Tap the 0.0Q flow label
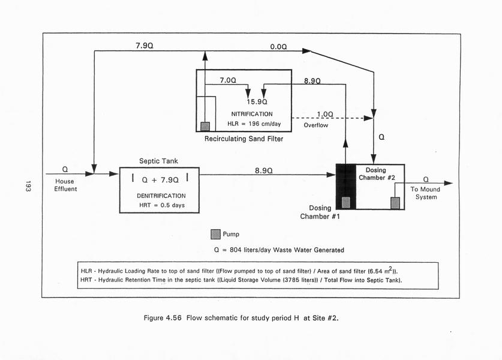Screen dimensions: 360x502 point(278,46)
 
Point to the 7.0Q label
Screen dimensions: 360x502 point(227,80)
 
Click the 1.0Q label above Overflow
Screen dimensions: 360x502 point(325,114)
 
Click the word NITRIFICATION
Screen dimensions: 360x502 point(251,114)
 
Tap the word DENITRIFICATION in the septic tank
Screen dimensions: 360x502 point(161,196)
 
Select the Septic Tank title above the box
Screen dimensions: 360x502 point(159,161)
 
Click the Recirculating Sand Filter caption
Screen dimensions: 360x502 point(244,139)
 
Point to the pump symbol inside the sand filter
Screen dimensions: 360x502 point(205,126)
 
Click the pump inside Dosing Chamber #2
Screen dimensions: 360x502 point(395,203)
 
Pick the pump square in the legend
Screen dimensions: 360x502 point(215,234)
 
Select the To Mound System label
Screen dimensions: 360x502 point(426,193)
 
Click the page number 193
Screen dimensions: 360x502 point(28,186)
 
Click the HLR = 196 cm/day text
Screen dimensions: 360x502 point(251,124)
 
